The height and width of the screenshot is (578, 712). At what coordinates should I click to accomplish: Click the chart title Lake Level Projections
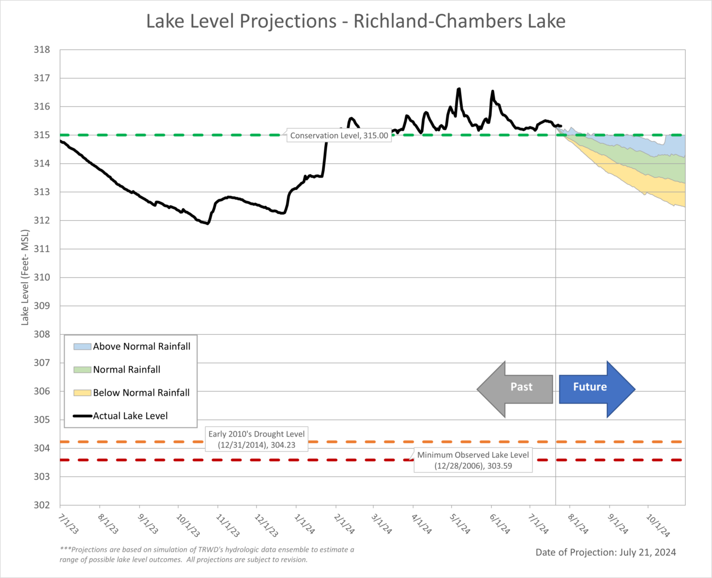[x=355, y=21]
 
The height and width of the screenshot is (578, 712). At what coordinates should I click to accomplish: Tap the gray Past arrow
[x=515, y=389]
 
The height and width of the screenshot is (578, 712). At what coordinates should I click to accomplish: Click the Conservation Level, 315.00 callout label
[x=338, y=135]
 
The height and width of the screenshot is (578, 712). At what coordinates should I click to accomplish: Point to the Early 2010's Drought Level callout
[x=256, y=439]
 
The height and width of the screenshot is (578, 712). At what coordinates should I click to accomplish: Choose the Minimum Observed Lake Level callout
[x=473, y=460]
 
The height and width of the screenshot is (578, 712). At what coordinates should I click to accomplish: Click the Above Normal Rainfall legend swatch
[x=82, y=347]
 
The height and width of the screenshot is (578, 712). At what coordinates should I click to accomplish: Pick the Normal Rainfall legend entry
[x=127, y=370]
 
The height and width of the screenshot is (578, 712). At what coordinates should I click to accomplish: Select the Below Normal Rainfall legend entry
[x=141, y=393]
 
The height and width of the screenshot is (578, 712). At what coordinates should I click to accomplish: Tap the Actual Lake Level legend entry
[x=130, y=416]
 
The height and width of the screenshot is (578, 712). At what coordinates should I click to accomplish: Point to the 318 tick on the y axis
[x=42, y=49]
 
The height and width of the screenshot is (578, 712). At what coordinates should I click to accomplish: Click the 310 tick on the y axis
[x=42, y=277]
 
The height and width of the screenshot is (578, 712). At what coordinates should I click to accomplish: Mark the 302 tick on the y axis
[x=42, y=505]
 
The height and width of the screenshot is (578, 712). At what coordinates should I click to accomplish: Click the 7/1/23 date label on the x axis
[x=68, y=523]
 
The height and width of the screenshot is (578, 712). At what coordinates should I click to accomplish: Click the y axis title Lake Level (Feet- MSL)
[x=25, y=277]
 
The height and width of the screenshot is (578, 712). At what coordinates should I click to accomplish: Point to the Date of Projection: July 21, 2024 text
[x=605, y=552]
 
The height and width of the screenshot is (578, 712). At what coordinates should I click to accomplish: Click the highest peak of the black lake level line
[x=458, y=89]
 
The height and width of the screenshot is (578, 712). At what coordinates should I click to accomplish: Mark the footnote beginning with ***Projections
[x=207, y=554]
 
